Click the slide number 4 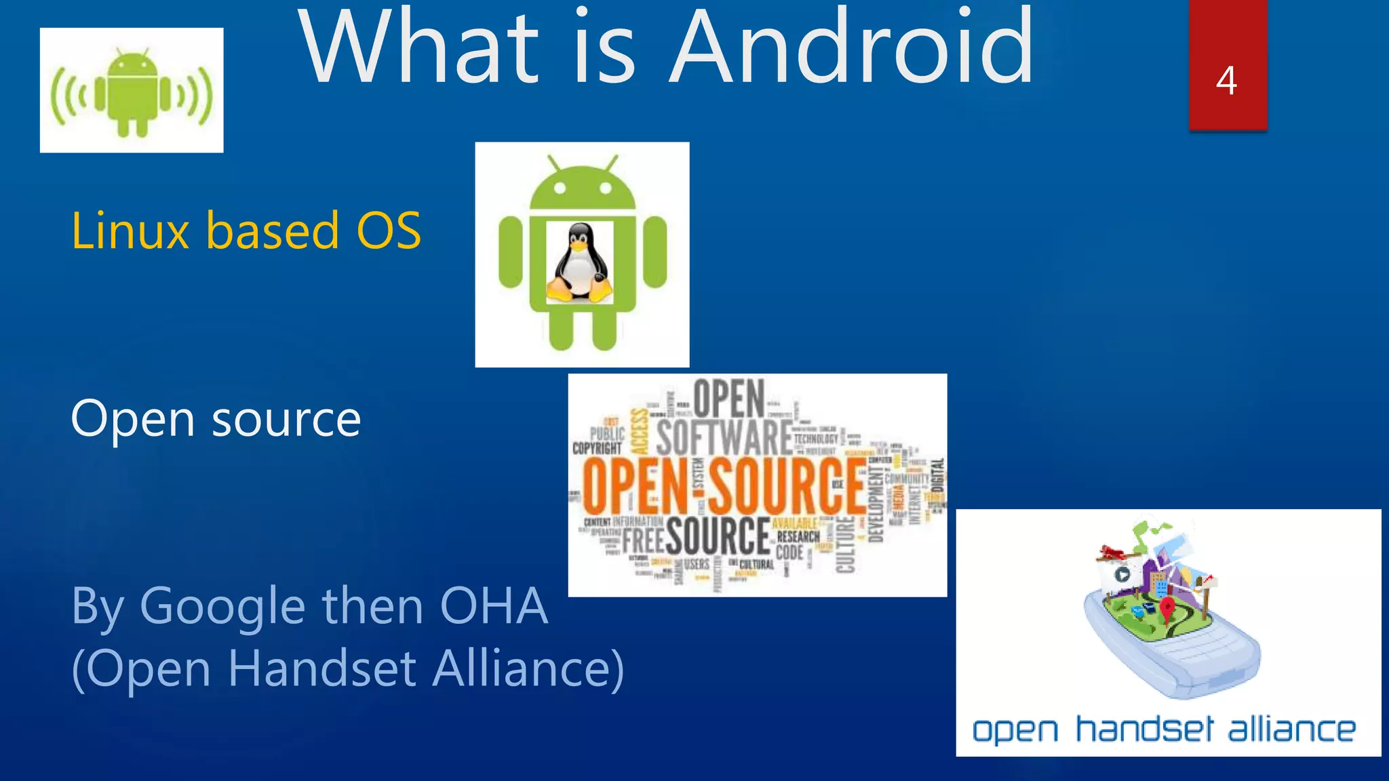1226,81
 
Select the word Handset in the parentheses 322,668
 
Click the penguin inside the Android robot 580,262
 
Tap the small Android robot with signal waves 132,92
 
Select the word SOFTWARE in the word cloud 724,437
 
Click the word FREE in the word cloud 642,540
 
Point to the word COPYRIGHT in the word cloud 597,448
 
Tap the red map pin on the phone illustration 1167,607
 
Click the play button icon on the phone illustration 1122,575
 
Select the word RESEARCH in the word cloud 798,536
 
